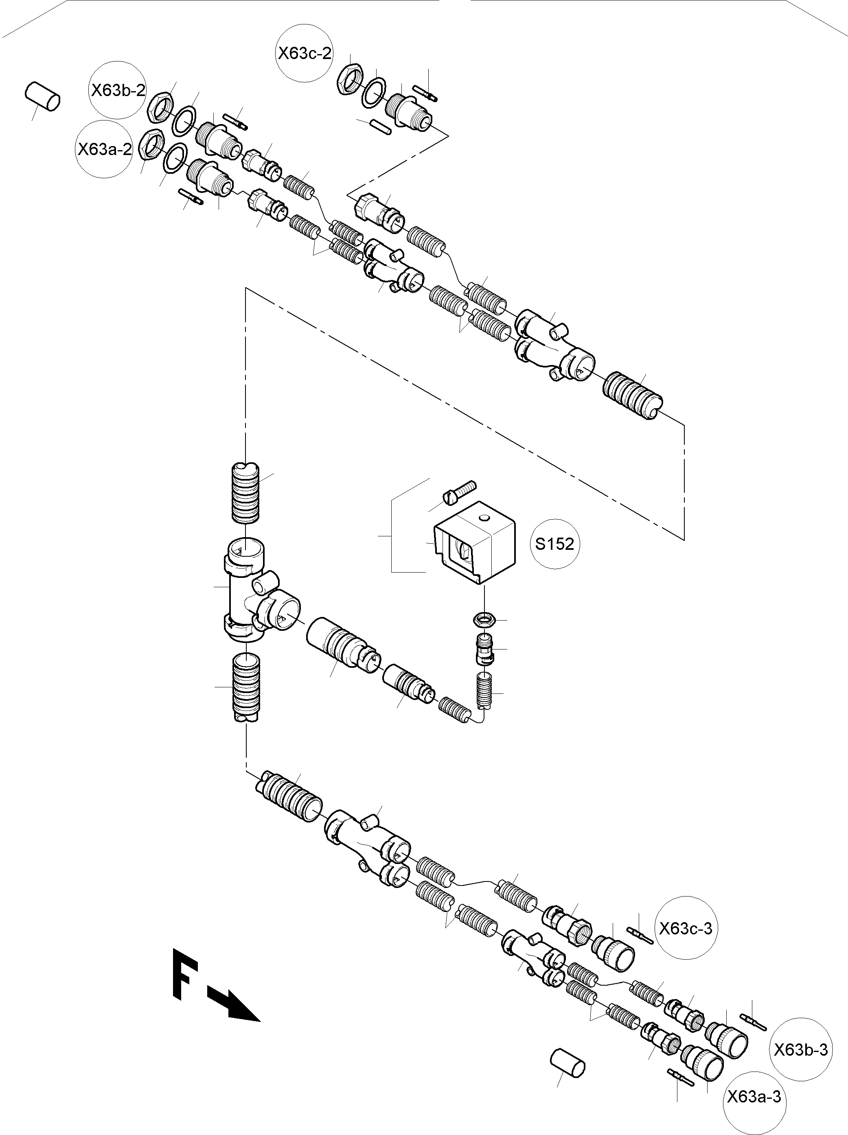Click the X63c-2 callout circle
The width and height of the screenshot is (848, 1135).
click(x=305, y=53)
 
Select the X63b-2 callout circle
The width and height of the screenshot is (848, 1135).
click(x=118, y=90)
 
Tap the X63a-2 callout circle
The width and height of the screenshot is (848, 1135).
click(x=104, y=149)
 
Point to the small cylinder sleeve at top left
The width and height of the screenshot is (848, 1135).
click(x=42, y=96)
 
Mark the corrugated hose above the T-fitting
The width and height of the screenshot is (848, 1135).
click(x=246, y=492)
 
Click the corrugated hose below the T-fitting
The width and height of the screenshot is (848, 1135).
click(x=246, y=685)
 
